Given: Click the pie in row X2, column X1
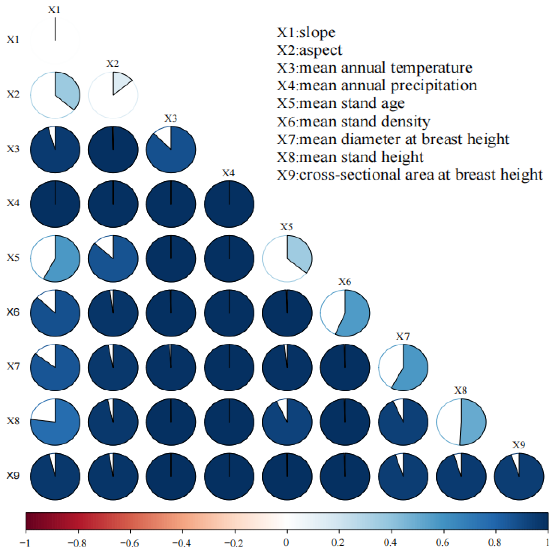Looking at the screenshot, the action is (x=55, y=95).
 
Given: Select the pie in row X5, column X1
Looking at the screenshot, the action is (x=55, y=258).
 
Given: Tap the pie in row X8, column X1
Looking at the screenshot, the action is (x=55, y=422).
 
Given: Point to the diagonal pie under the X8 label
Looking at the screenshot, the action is (x=461, y=422).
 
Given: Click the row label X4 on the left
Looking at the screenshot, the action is (x=13, y=203).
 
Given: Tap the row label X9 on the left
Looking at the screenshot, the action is (x=13, y=476).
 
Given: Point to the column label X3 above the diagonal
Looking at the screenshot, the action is (x=171, y=118).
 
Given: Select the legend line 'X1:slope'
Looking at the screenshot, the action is (x=306, y=32).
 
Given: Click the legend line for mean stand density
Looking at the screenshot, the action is (x=353, y=122).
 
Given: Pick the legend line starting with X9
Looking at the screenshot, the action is (x=409, y=175).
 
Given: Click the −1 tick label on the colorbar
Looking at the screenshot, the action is (x=25, y=543).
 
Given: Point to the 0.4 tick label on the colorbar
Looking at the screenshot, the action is (x=390, y=543).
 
